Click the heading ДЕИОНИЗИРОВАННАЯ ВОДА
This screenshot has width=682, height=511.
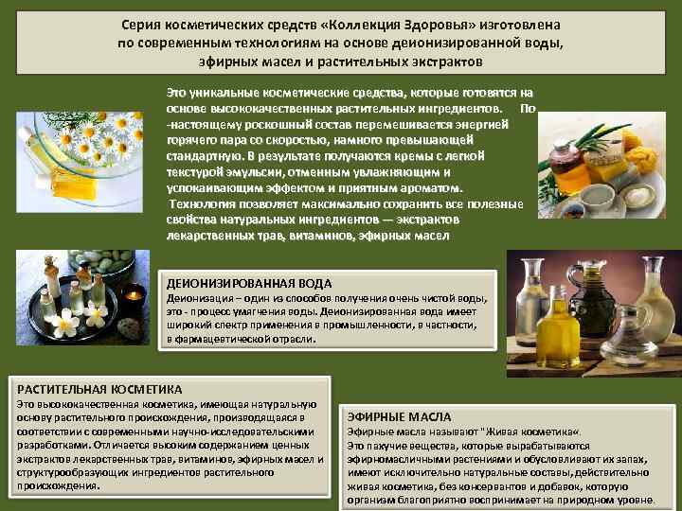tap(249, 283)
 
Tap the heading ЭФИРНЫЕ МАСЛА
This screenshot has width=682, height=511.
tap(400, 416)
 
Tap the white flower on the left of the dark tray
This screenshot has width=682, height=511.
tap(66, 323)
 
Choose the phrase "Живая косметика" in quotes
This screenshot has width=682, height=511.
tap(535, 432)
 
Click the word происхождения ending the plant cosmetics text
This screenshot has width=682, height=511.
tap(57, 485)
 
